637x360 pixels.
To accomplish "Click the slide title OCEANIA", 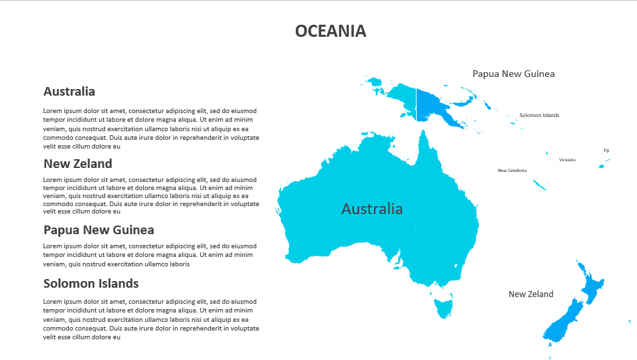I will [x=331, y=31].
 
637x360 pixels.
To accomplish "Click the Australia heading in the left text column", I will [x=69, y=92].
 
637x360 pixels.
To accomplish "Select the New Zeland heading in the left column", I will [x=78, y=164].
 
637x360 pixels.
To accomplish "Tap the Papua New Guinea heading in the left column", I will [x=98, y=230].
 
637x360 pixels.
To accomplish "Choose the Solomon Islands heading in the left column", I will [x=91, y=284].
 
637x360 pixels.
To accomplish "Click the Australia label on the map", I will [x=372, y=209].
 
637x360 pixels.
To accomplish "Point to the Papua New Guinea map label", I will [x=513, y=74].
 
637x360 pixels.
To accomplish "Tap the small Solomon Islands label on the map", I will [x=539, y=115].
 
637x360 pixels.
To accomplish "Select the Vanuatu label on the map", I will [x=567, y=159].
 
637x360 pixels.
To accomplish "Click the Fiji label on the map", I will [x=606, y=151].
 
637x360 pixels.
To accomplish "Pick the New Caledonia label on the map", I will [x=512, y=171].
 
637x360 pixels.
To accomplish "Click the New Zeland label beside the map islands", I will [x=531, y=294].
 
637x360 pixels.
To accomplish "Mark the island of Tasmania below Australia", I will [x=443, y=307].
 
